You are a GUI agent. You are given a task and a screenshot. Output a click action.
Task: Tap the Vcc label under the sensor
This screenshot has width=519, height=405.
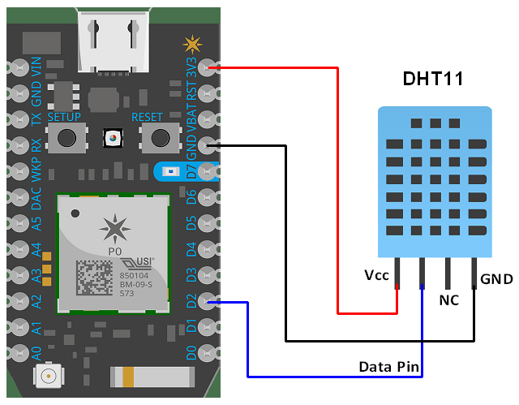pyautogui.click(x=377, y=275)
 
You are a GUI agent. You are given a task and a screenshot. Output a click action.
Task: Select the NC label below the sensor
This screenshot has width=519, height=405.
pyautogui.click(x=448, y=300)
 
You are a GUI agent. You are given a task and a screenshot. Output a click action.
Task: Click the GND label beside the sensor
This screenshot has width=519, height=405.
pyautogui.click(x=496, y=279)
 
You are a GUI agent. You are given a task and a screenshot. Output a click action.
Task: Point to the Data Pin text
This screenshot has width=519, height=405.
pyautogui.click(x=388, y=368)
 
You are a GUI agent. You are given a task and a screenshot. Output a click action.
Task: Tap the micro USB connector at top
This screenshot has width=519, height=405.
pyautogui.click(x=113, y=41)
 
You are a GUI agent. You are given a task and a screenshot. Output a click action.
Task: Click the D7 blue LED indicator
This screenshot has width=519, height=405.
pyautogui.click(x=172, y=172)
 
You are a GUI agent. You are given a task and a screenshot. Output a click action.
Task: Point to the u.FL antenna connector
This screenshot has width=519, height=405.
pyautogui.click(x=48, y=377)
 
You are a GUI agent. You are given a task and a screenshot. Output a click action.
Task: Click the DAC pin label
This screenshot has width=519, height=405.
pyautogui.click(x=36, y=197)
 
